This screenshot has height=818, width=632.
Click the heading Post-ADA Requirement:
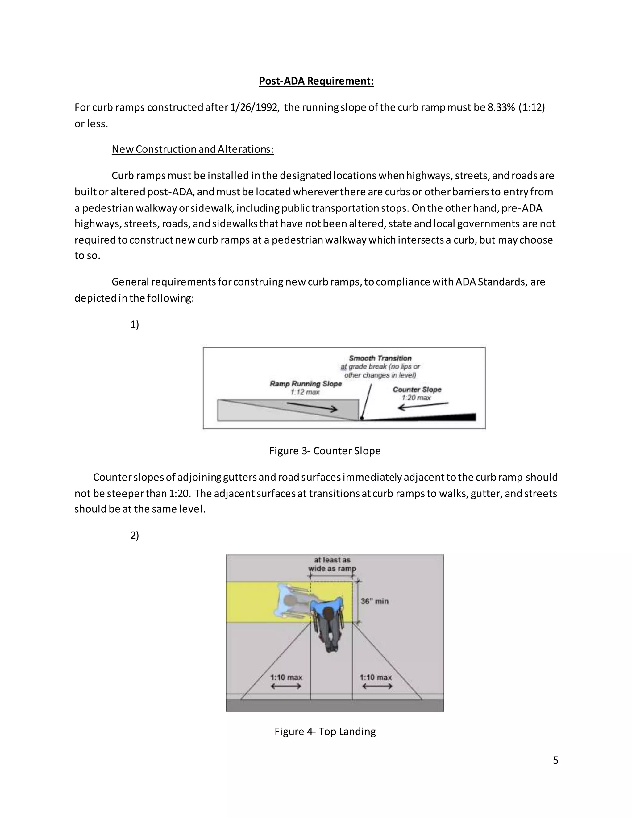(x=316, y=81)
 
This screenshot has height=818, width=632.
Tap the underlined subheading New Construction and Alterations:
(x=193, y=149)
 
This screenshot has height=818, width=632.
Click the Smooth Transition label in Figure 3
(x=380, y=358)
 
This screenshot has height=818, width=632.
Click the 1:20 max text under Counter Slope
(x=416, y=398)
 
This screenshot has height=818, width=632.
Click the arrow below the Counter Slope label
(x=423, y=406)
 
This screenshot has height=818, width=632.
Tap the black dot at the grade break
(x=362, y=418)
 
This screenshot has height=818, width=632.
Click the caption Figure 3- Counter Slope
(x=325, y=451)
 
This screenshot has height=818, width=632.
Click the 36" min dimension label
(x=374, y=601)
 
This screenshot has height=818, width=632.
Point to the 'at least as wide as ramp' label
(x=332, y=564)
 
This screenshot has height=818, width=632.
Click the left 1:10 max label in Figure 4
(x=286, y=677)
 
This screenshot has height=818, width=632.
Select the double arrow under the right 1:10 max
(x=377, y=686)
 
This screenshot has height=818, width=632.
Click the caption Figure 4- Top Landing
(x=325, y=732)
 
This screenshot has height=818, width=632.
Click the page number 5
(x=555, y=760)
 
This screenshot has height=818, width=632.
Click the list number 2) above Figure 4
(x=135, y=535)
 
